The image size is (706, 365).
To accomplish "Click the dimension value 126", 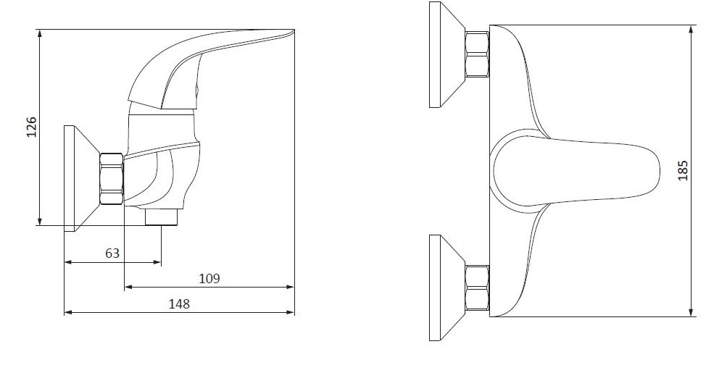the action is pos(31,127).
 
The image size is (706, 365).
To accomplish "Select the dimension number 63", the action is pos(112,253).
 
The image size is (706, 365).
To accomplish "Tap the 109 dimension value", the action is pos(209,279).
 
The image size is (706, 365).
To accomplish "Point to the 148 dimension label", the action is pos(179,303).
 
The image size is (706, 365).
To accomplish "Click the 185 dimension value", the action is pos(683,171).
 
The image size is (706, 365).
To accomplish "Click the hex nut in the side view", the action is pos(111,179).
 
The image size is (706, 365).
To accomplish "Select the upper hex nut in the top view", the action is pos(477,54).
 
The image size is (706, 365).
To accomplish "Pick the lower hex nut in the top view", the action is pos(477,288).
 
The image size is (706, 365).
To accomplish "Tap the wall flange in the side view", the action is pos(81,178).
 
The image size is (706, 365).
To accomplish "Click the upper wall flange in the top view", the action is pos(447,54).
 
